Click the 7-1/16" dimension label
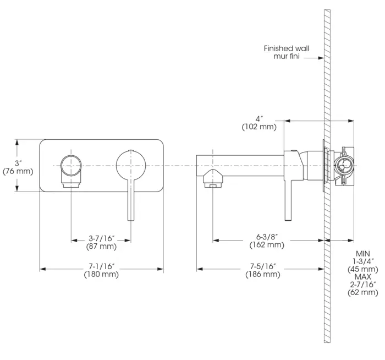coord(102,266)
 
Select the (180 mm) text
coord(101,274)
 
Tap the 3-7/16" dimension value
coord(102,238)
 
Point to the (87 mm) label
coord(101,246)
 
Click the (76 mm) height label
coord(18,171)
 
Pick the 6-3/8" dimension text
coord(267,237)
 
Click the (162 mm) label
coord(267,245)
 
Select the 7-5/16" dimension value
coord(263,266)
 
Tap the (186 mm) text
coord(263,274)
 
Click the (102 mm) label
coord(259,127)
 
